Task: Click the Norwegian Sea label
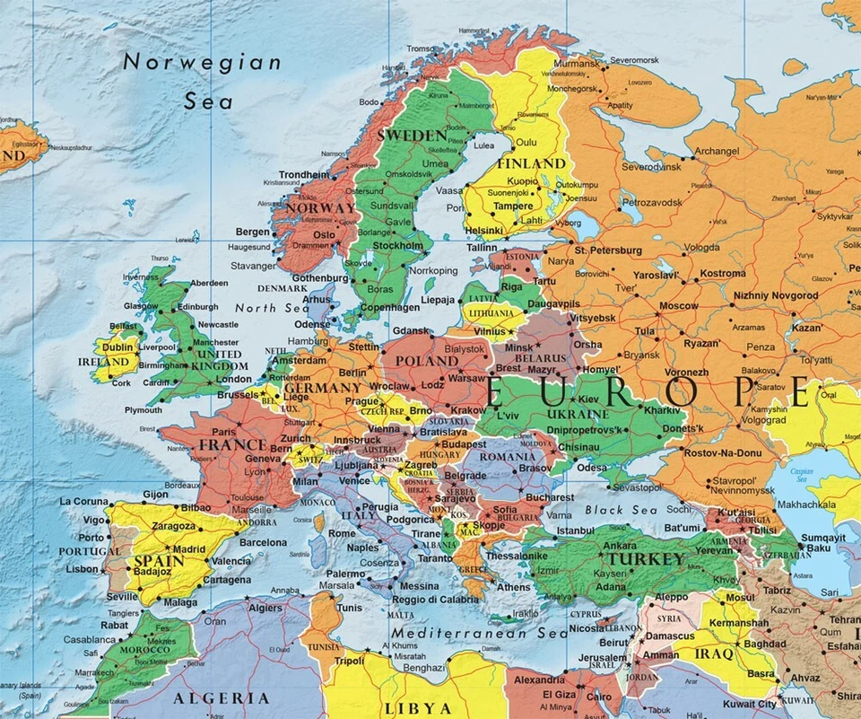click(202, 81)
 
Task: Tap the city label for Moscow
click(678, 306)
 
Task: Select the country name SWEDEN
click(412, 136)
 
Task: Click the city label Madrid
click(189, 549)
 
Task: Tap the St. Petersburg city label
click(609, 250)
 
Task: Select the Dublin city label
click(118, 346)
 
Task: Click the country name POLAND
click(427, 361)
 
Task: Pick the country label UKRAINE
click(572, 414)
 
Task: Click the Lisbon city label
click(82, 569)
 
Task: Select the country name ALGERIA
click(221, 697)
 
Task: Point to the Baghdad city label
click(764, 644)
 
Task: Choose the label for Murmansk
click(575, 65)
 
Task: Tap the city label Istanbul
click(575, 530)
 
